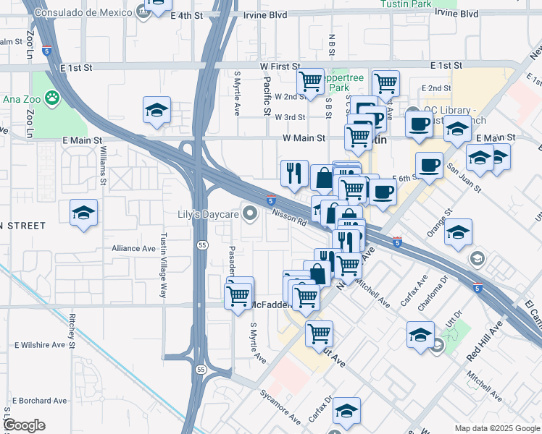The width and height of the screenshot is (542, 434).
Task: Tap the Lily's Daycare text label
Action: [x=208, y=214]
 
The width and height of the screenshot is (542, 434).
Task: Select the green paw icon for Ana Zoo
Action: [x=52, y=97]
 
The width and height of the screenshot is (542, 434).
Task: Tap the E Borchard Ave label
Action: [x=40, y=401]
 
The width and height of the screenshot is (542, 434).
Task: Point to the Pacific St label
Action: [x=267, y=97]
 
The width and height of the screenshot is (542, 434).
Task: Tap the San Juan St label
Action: [x=463, y=176]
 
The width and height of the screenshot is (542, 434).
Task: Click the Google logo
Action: [x=24, y=425]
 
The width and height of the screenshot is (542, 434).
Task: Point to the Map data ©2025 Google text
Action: [x=497, y=428]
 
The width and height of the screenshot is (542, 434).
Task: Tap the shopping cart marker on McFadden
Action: [x=238, y=295]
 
